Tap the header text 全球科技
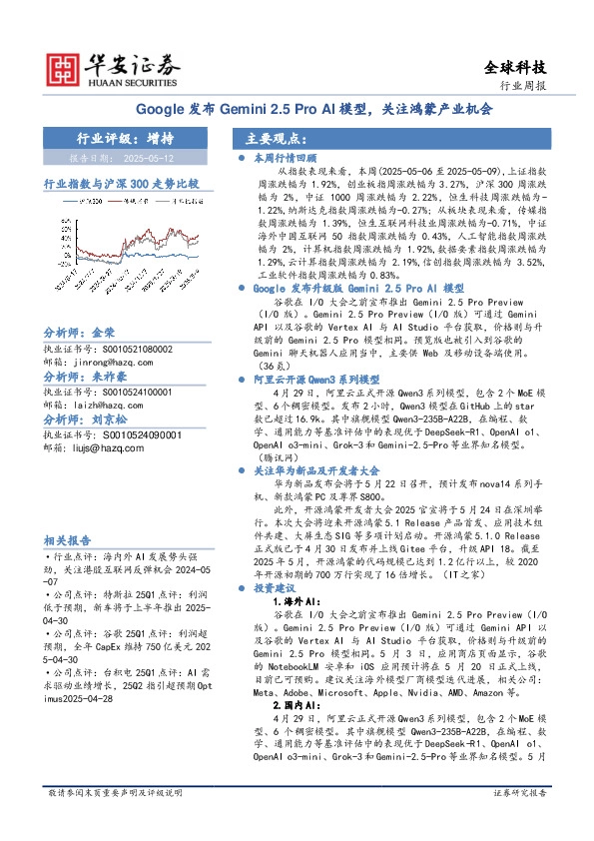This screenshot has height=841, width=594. coord(515,67)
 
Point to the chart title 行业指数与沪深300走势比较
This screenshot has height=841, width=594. coord(121,185)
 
